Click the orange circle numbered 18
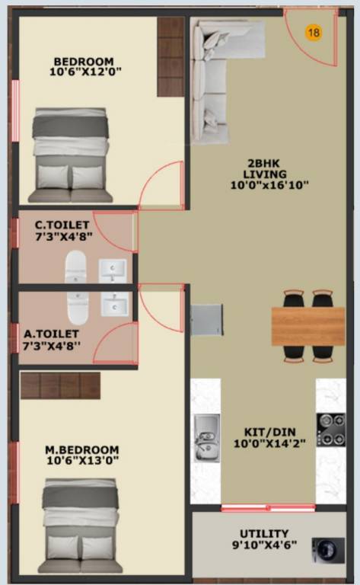tap(313, 32)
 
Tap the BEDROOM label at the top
tap(83, 62)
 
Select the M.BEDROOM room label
tap(81, 449)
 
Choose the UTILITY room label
tap(263, 533)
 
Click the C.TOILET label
tap(62, 225)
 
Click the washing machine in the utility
tap(327, 549)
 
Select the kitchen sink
tap(206, 438)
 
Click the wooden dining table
tap(307, 326)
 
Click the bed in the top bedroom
tap(71, 155)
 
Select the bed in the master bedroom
tap(81, 526)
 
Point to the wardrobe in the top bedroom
tap(170, 57)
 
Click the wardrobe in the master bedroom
tap(60, 385)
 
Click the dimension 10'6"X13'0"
tap(81, 460)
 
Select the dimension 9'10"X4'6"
tap(263, 545)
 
